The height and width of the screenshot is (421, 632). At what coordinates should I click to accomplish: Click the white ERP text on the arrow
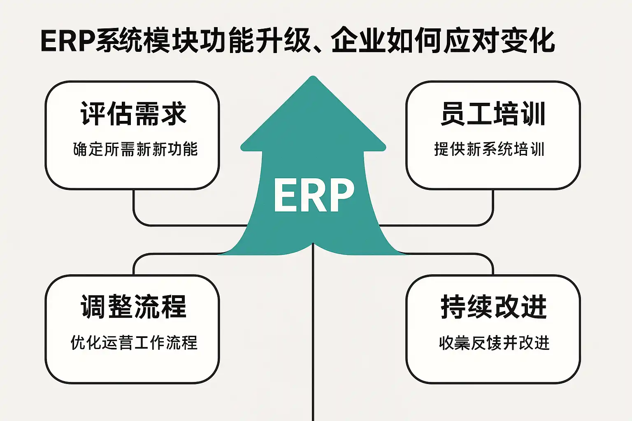coord(314,195)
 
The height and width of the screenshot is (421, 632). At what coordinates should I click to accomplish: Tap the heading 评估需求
coord(133,114)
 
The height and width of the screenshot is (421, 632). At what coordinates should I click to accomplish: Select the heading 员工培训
coord(493,114)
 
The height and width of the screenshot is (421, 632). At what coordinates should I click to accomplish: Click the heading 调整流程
coord(133,307)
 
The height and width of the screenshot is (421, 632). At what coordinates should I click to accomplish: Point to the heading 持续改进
coord(493,307)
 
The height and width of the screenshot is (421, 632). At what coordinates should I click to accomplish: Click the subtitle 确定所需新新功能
coord(135,149)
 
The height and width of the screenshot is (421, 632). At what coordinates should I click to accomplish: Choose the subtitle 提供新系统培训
coord(489,149)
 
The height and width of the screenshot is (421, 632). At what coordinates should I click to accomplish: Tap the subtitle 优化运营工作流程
coord(134,342)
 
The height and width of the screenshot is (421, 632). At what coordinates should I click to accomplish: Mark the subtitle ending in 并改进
coord(494,342)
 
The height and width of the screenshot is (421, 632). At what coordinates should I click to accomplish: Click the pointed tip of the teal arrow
coord(313,78)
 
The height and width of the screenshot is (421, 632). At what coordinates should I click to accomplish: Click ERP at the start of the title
coord(68,41)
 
